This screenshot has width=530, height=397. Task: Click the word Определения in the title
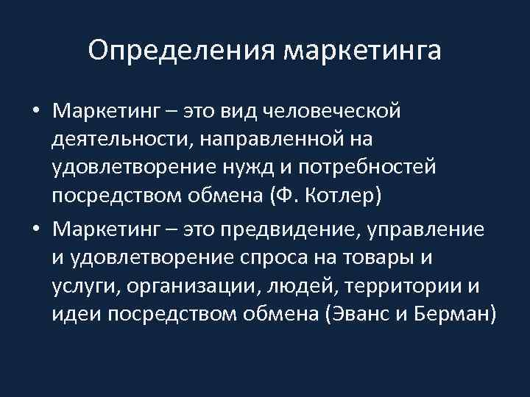(x=180, y=51)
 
